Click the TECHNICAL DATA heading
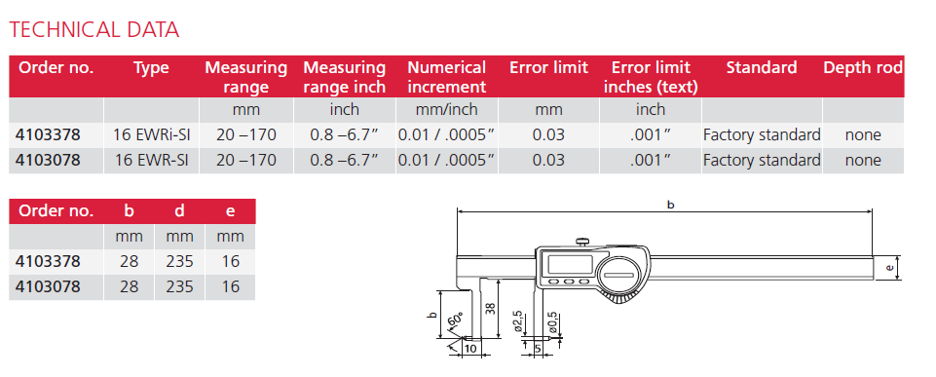(x=94, y=29)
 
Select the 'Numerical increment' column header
(x=446, y=76)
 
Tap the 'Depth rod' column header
(x=863, y=68)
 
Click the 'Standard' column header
(x=761, y=68)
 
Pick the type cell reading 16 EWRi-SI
(x=151, y=134)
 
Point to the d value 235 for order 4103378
(x=180, y=261)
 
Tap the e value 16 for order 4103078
(x=230, y=286)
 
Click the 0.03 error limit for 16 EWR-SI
(x=548, y=160)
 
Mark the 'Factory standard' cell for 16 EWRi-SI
(x=762, y=134)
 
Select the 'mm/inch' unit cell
(x=446, y=109)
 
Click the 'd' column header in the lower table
(x=180, y=210)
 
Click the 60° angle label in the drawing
(x=453, y=321)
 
